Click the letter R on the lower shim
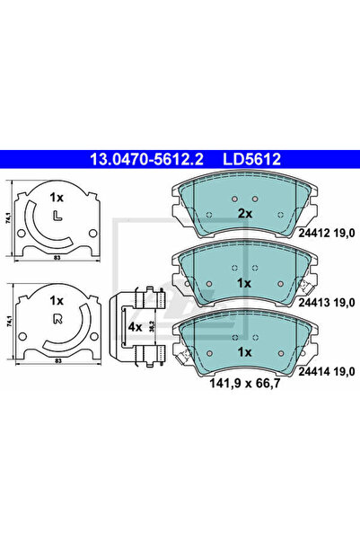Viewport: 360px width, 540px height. point(57,319)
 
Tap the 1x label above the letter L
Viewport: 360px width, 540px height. point(57,196)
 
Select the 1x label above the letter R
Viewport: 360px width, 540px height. point(57,301)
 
